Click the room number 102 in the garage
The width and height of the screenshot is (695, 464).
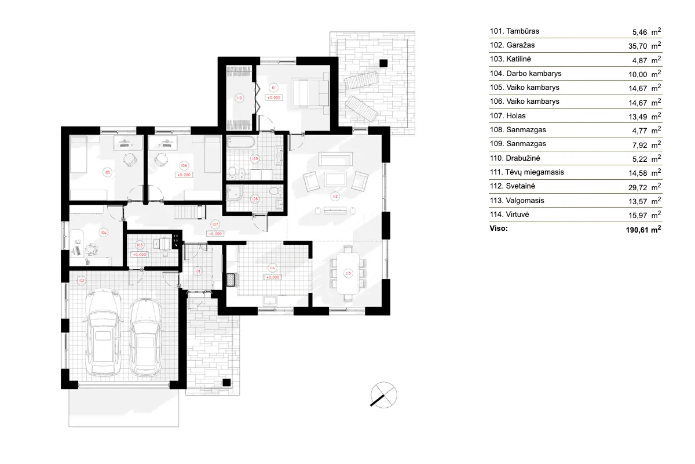pyautogui.click(x=81, y=281)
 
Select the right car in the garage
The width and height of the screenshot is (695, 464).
pyautogui.click(x=144, y=336)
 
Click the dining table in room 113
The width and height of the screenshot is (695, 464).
pyautogui.click(x=348, y=273)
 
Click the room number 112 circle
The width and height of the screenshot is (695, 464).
pyautogui.click(x=335, y=196)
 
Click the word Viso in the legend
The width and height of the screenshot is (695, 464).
pyautogui.click(x=499, y=229)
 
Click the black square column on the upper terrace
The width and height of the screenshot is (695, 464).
pyautogui.click(x=383, y=63)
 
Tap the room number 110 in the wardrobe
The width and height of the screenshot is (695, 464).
pyautogui.click(x=239, y=99)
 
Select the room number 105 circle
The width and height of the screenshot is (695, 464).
pyautogui.click(x=107, y=172)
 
